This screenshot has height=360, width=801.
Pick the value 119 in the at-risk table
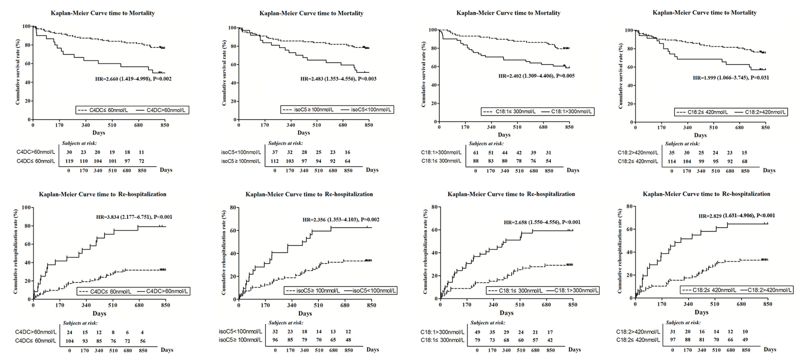69,161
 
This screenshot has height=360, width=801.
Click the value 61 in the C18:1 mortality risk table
476,153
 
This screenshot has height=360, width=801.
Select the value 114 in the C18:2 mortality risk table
672,161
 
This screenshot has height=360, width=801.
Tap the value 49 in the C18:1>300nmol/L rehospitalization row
477,332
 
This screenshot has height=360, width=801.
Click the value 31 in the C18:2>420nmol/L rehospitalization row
673,332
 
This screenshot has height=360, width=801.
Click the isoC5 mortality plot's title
311,13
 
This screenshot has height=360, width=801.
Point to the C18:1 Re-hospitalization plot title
511,194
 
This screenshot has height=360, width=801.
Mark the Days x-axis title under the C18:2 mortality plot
700,135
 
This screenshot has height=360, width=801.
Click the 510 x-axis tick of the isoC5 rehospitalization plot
318,305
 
